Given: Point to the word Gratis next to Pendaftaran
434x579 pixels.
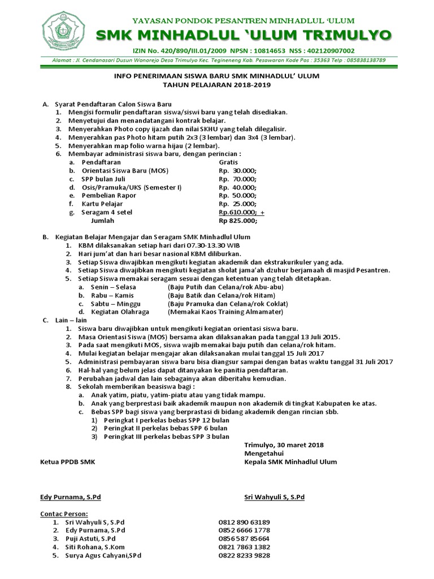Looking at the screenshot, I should click(229, 162).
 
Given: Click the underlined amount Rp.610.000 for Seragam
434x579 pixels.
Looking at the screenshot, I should click(238, 212).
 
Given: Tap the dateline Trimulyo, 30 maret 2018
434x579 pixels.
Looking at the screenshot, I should click(284, 445).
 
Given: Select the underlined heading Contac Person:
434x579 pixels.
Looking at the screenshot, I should click(64, 513).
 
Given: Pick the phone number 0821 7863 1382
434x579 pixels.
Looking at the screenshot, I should click(244, 547).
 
